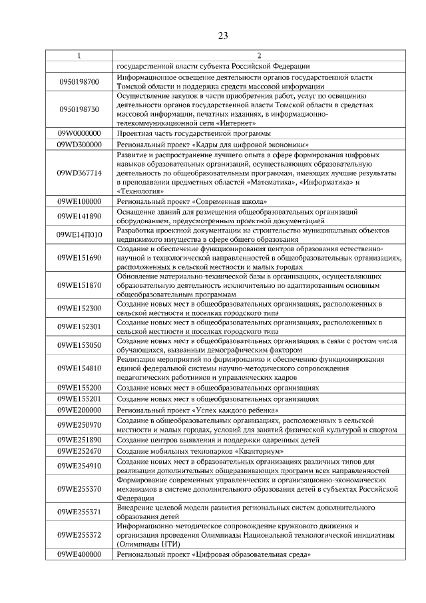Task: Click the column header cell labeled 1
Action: point(79,55)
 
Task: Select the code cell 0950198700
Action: point(79,82)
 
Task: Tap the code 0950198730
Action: point(79,109)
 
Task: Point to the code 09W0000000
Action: point(79,133)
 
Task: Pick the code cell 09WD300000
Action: point(79,144)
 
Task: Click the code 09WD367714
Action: point(79,173)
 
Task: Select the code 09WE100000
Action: point(79,201)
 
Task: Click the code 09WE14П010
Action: point(79,235)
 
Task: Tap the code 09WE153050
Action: point(79,345)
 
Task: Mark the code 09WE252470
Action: point(79,451)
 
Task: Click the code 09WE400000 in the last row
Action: point(79,554)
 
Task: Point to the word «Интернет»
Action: point(251,124)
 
